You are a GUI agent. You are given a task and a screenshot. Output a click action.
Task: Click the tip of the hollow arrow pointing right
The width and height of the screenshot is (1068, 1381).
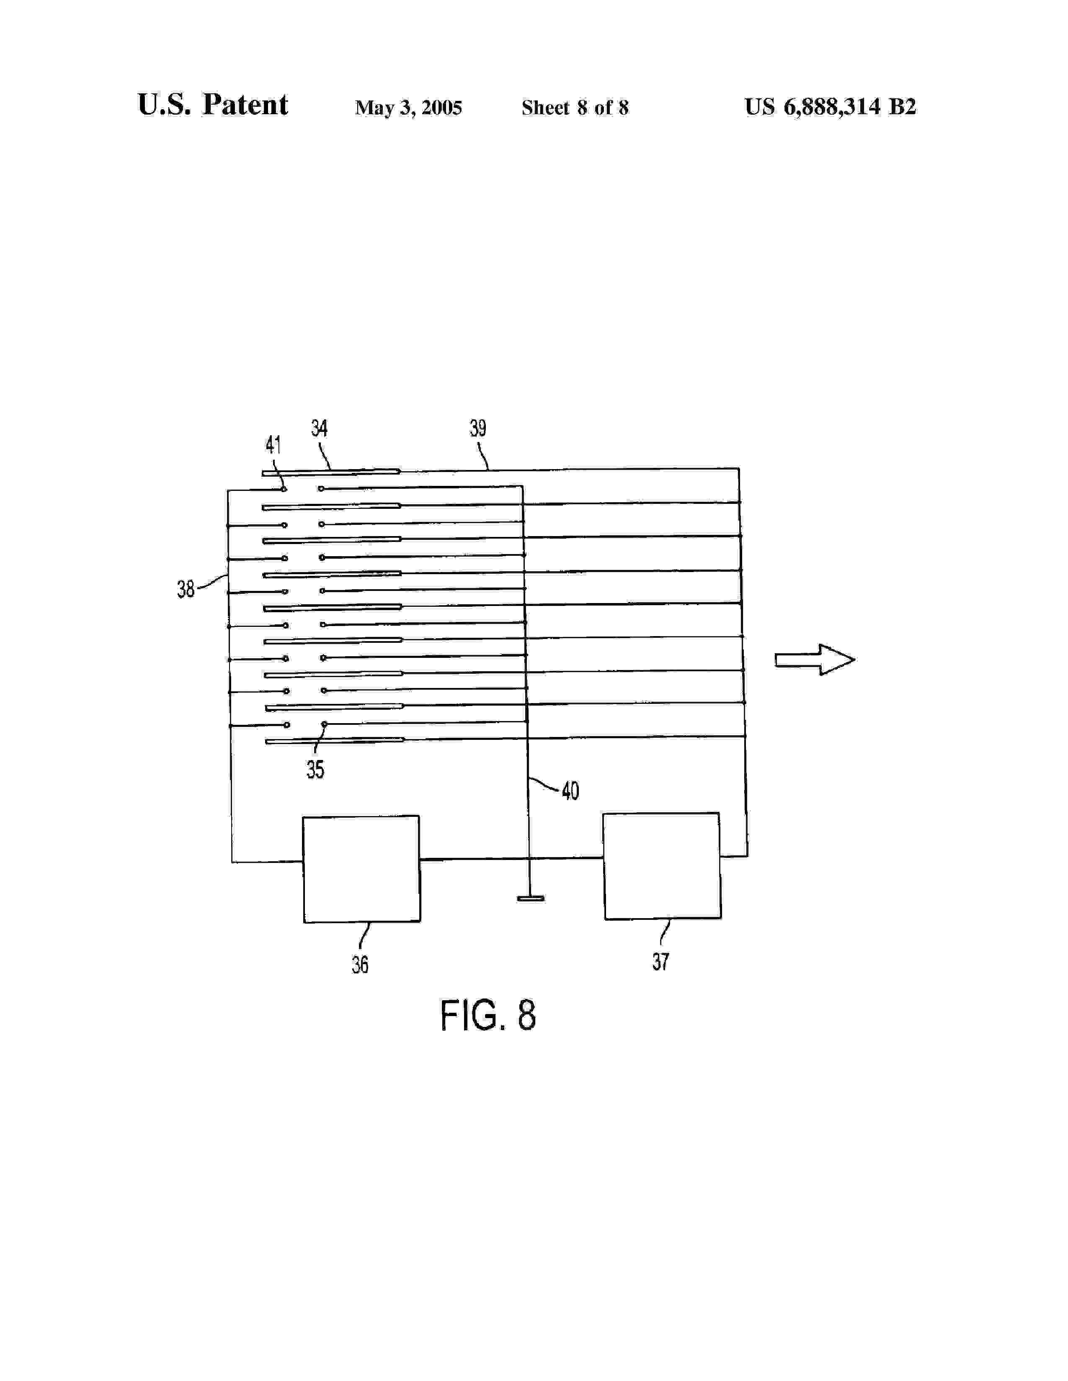(855, 660)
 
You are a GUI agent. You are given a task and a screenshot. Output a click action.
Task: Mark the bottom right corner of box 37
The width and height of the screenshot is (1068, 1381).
(721, 918)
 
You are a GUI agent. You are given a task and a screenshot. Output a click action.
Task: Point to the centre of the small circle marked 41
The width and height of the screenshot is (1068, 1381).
(284, 489)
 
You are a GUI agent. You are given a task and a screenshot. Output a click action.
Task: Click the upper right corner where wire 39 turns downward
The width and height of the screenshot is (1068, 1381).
(738, 469)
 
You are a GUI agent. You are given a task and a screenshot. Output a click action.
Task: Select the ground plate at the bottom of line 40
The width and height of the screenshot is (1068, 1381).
(530, 898)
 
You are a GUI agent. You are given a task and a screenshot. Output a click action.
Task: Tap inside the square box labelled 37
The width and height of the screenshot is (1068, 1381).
(662, 866)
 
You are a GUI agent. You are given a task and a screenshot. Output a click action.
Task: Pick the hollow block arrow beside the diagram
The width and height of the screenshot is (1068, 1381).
(815, 660)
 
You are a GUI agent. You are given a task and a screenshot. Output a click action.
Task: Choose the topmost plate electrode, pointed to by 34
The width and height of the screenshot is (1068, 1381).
(331, 472)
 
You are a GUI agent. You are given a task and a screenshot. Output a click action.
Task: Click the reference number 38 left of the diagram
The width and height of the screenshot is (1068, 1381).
(186, 589)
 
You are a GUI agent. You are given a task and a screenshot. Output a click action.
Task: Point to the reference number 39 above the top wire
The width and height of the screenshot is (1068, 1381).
(478, 429)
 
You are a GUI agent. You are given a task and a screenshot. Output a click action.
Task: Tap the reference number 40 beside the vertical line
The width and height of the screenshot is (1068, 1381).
(570, 791)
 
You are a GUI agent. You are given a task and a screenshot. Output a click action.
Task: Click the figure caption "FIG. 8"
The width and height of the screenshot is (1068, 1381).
(488, 1016)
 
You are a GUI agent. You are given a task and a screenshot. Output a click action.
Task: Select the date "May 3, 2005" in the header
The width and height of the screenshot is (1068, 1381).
(408, 108)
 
